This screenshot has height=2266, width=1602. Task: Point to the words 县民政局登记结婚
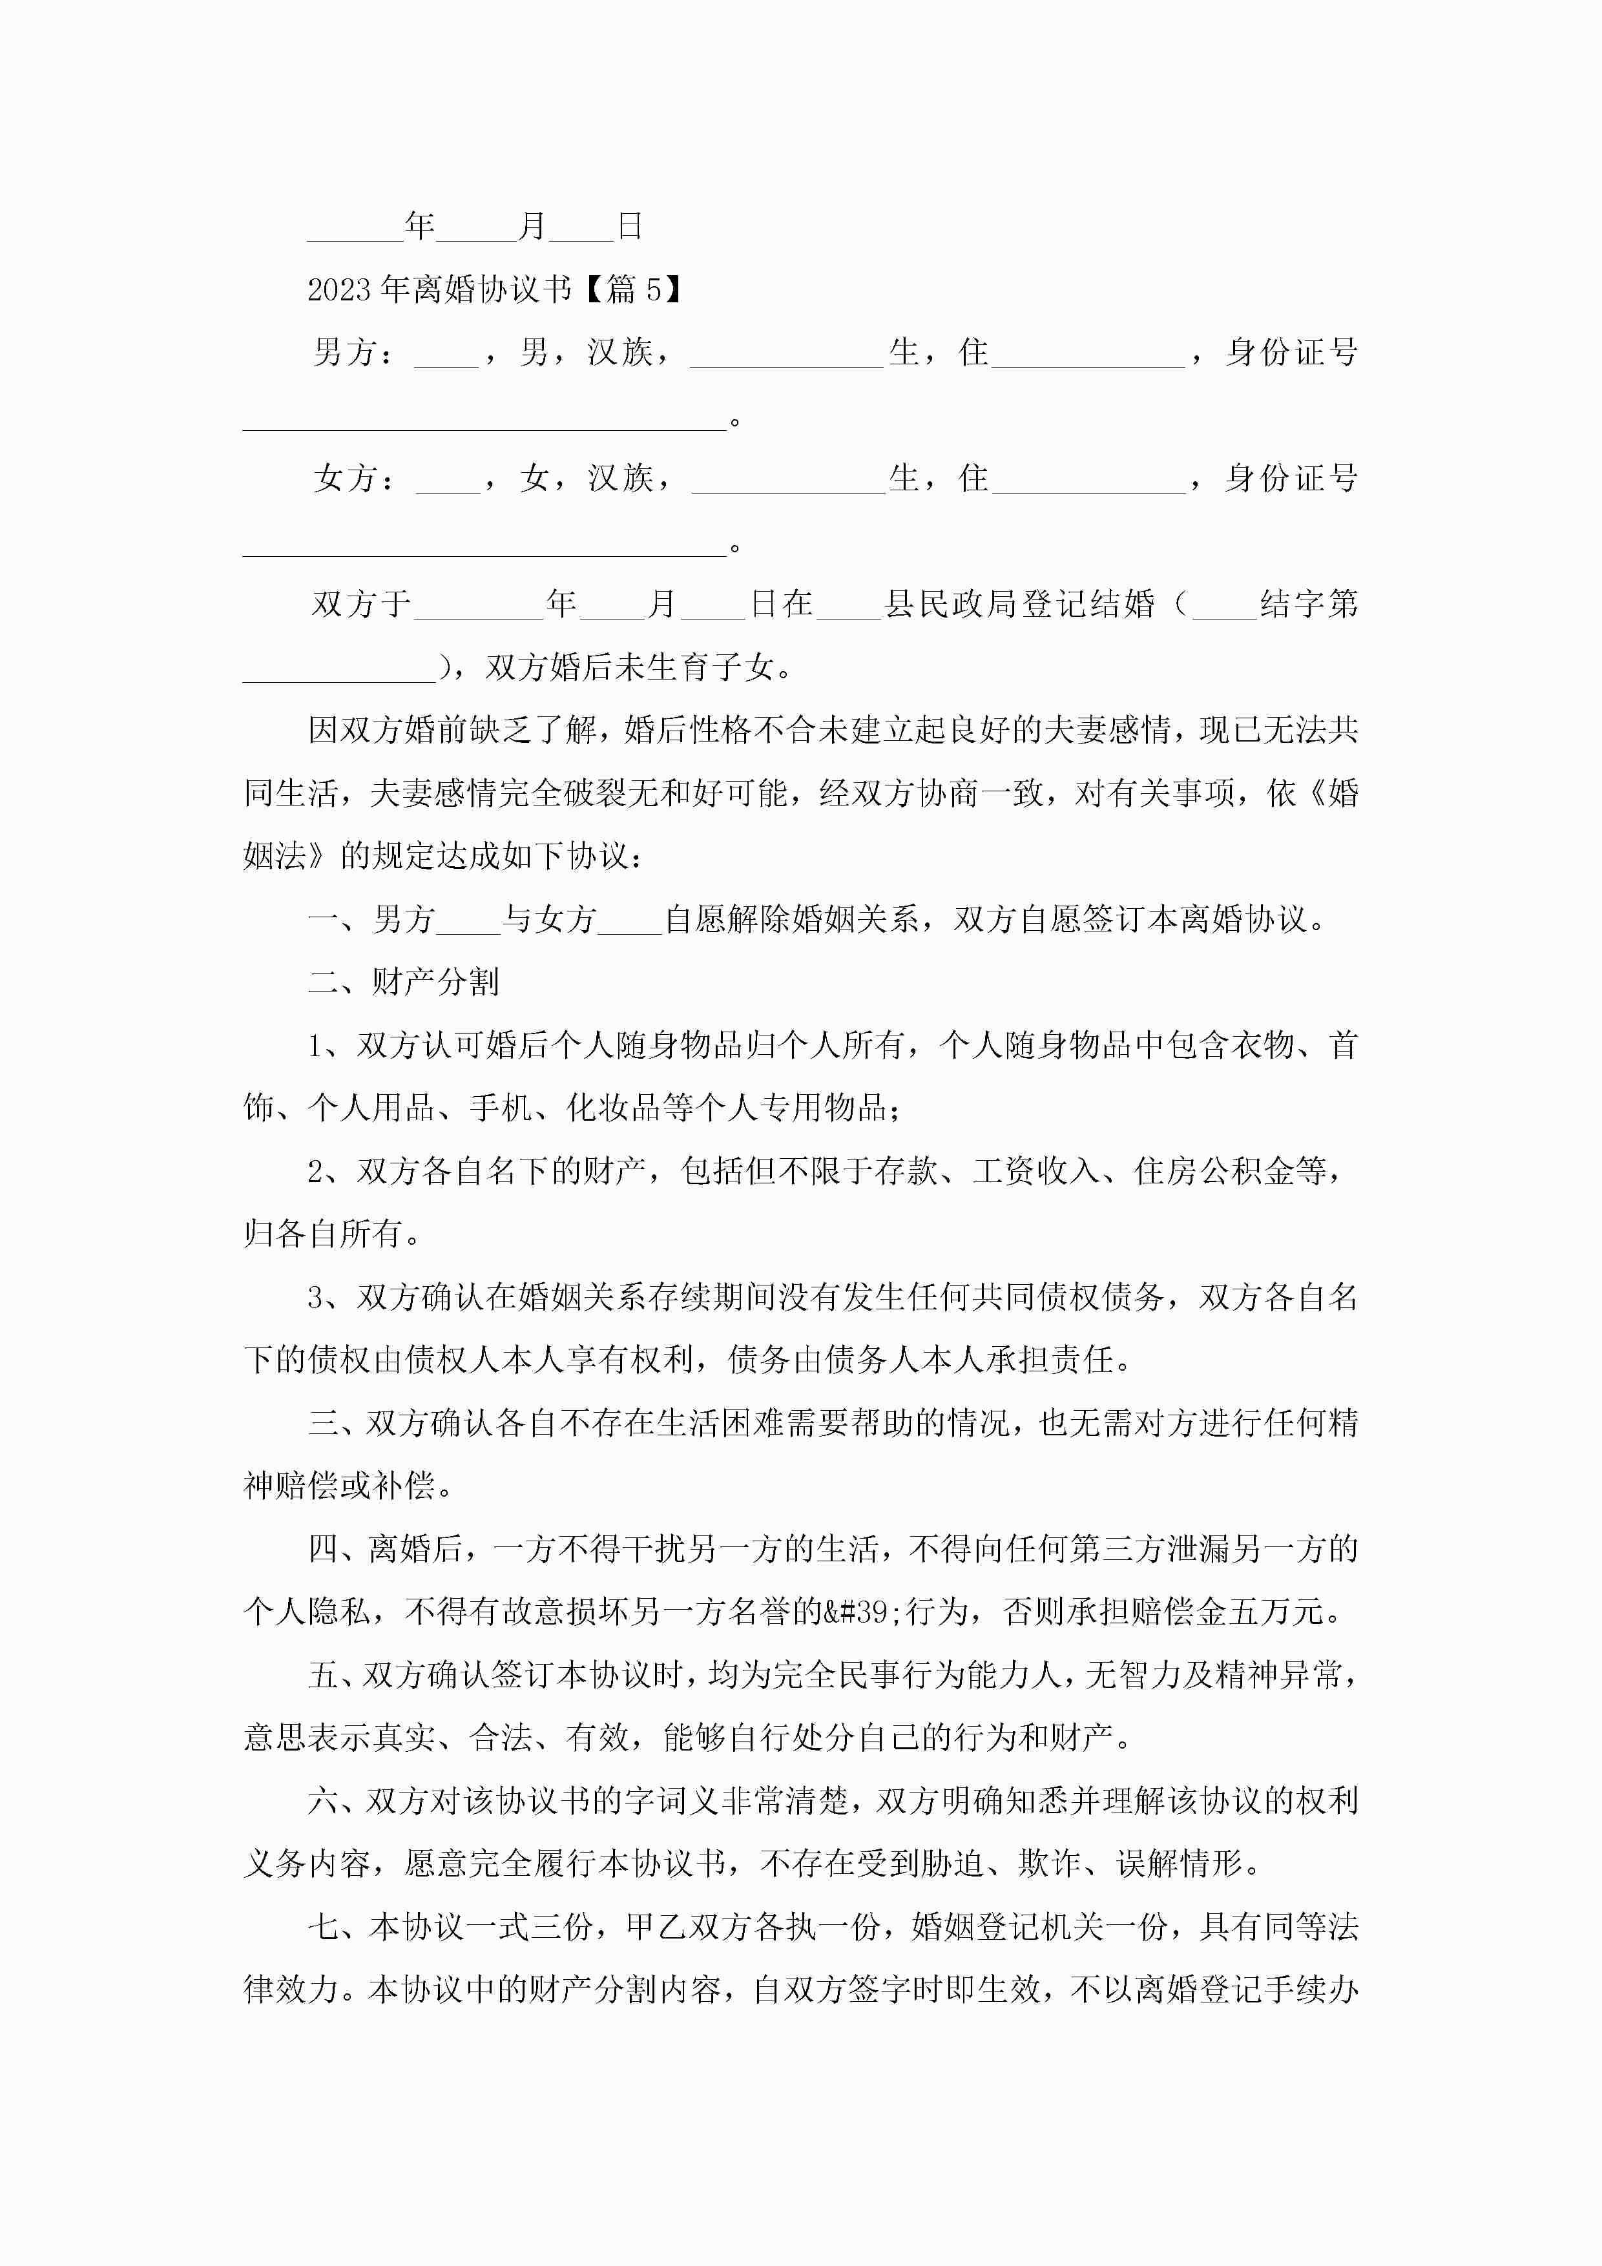pos(1019,603)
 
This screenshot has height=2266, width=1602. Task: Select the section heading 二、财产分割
pos(404,982)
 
